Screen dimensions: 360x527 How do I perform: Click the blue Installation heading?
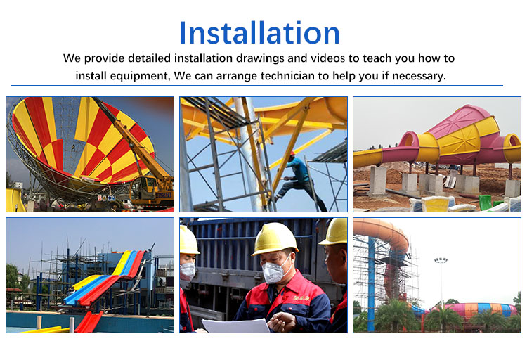259,33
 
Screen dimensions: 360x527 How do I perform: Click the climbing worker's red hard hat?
292,154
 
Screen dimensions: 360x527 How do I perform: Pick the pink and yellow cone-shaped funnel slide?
450,137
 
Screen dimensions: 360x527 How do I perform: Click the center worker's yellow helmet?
275,238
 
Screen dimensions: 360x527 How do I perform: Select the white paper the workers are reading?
235,325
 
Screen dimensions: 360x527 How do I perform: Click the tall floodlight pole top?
441,261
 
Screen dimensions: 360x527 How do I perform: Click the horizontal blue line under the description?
263,86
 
